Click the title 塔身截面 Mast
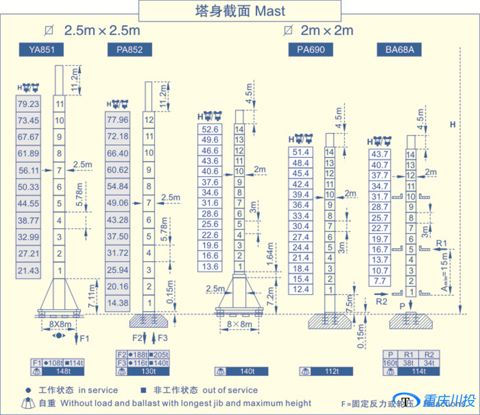tap(240, 10)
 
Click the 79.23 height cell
tap(29, 104)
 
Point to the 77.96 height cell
tap(118, 120)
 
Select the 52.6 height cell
tap(210, 129)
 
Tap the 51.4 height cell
tap(301, 153)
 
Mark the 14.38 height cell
tap(118, 303)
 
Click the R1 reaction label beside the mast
tap(442, 243)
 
